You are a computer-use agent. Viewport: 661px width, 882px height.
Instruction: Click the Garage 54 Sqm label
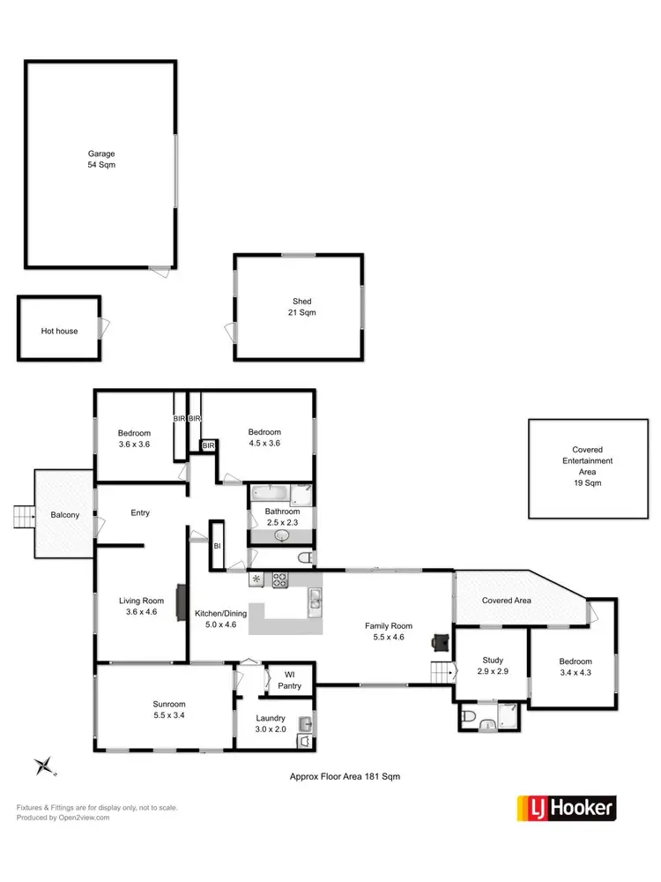100,160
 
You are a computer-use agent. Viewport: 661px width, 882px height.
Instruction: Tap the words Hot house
59,331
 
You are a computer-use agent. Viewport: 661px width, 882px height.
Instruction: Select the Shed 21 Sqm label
301,307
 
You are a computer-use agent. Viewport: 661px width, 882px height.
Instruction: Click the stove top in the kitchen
279,579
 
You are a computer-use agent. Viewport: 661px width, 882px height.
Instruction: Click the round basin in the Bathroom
282,534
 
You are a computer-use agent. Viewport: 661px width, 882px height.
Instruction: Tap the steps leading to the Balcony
23,517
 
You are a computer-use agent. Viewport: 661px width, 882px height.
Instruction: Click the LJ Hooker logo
566,808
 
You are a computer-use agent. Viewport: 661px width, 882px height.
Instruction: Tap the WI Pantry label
289,680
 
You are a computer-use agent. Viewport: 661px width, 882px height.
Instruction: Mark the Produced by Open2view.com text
63,818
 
